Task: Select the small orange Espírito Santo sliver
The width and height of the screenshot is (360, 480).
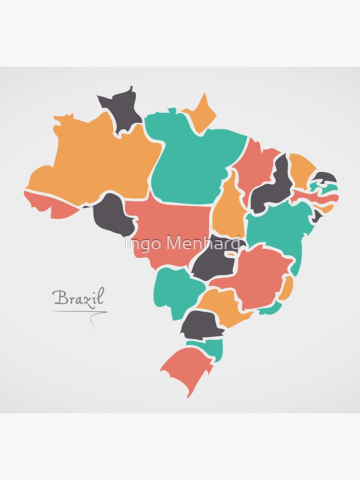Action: tap(286, 288)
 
